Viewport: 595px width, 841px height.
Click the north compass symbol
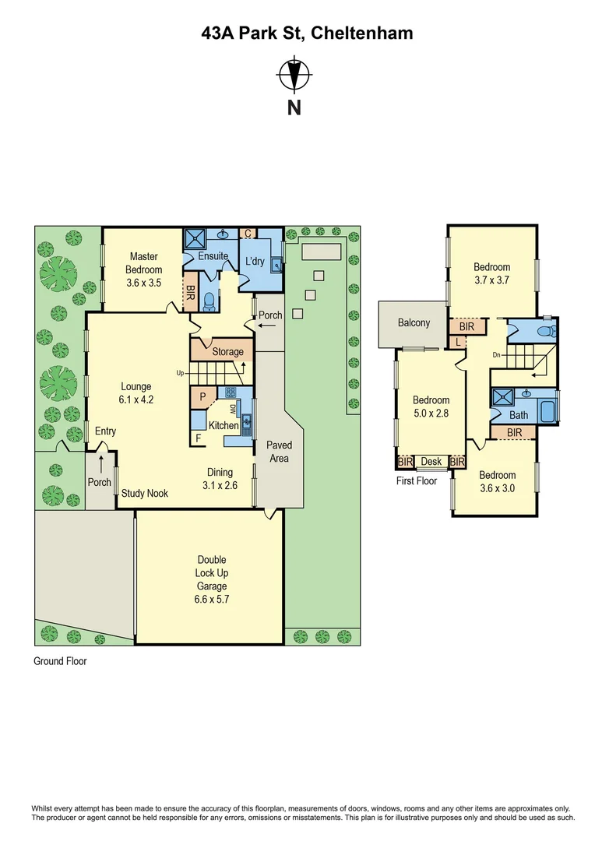point(294,76)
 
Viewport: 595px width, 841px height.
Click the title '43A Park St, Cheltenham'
point(297,33)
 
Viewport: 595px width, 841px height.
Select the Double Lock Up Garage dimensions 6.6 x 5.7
point(212,600)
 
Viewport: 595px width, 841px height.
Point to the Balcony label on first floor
point(414,322)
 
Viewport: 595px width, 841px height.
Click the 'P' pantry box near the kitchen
point(203,396)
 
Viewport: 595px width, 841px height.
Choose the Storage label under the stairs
point(228,352)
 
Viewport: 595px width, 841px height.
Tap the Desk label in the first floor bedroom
point(431,462)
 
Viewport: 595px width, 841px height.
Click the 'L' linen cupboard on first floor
point(457,341)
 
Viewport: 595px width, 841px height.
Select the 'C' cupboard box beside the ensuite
point(248,233)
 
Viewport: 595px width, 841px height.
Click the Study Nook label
point(145,494)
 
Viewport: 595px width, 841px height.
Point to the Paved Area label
point(279,452)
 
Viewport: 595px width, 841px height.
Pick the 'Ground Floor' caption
point(60,661)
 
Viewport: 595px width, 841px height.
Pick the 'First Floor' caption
point(417,480)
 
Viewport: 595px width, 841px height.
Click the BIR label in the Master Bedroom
point(190,293)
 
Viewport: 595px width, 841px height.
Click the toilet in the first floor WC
point(547,331)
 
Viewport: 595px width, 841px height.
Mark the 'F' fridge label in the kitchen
point(199,438)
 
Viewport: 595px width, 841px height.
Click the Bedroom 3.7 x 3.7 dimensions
point(491,280)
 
